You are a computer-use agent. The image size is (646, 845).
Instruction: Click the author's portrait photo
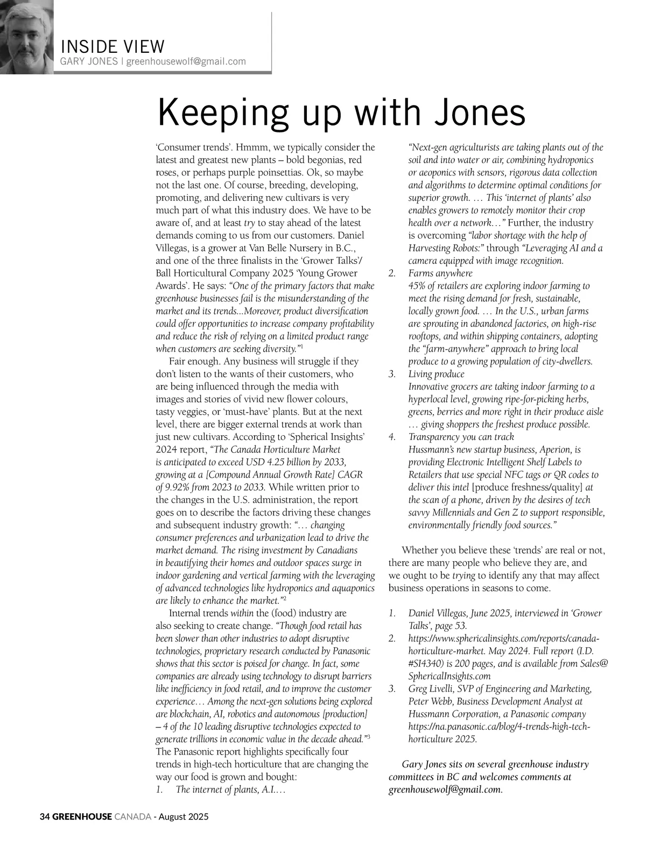pyautogui.click(x=26, y=37)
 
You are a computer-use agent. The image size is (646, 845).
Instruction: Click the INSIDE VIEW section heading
pyautogui.click(x=113, y=47)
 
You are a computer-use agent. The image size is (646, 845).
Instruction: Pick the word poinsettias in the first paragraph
pyautogui.click(x=339, y=172)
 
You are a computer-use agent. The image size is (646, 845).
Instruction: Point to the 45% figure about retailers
pyautogui.click(x=418, y=286)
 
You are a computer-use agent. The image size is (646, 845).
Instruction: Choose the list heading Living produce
pyautogui.click(x=436, y=374)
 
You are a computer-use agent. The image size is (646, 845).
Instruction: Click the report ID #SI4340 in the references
pyautogui.click(x=430, y=664)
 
